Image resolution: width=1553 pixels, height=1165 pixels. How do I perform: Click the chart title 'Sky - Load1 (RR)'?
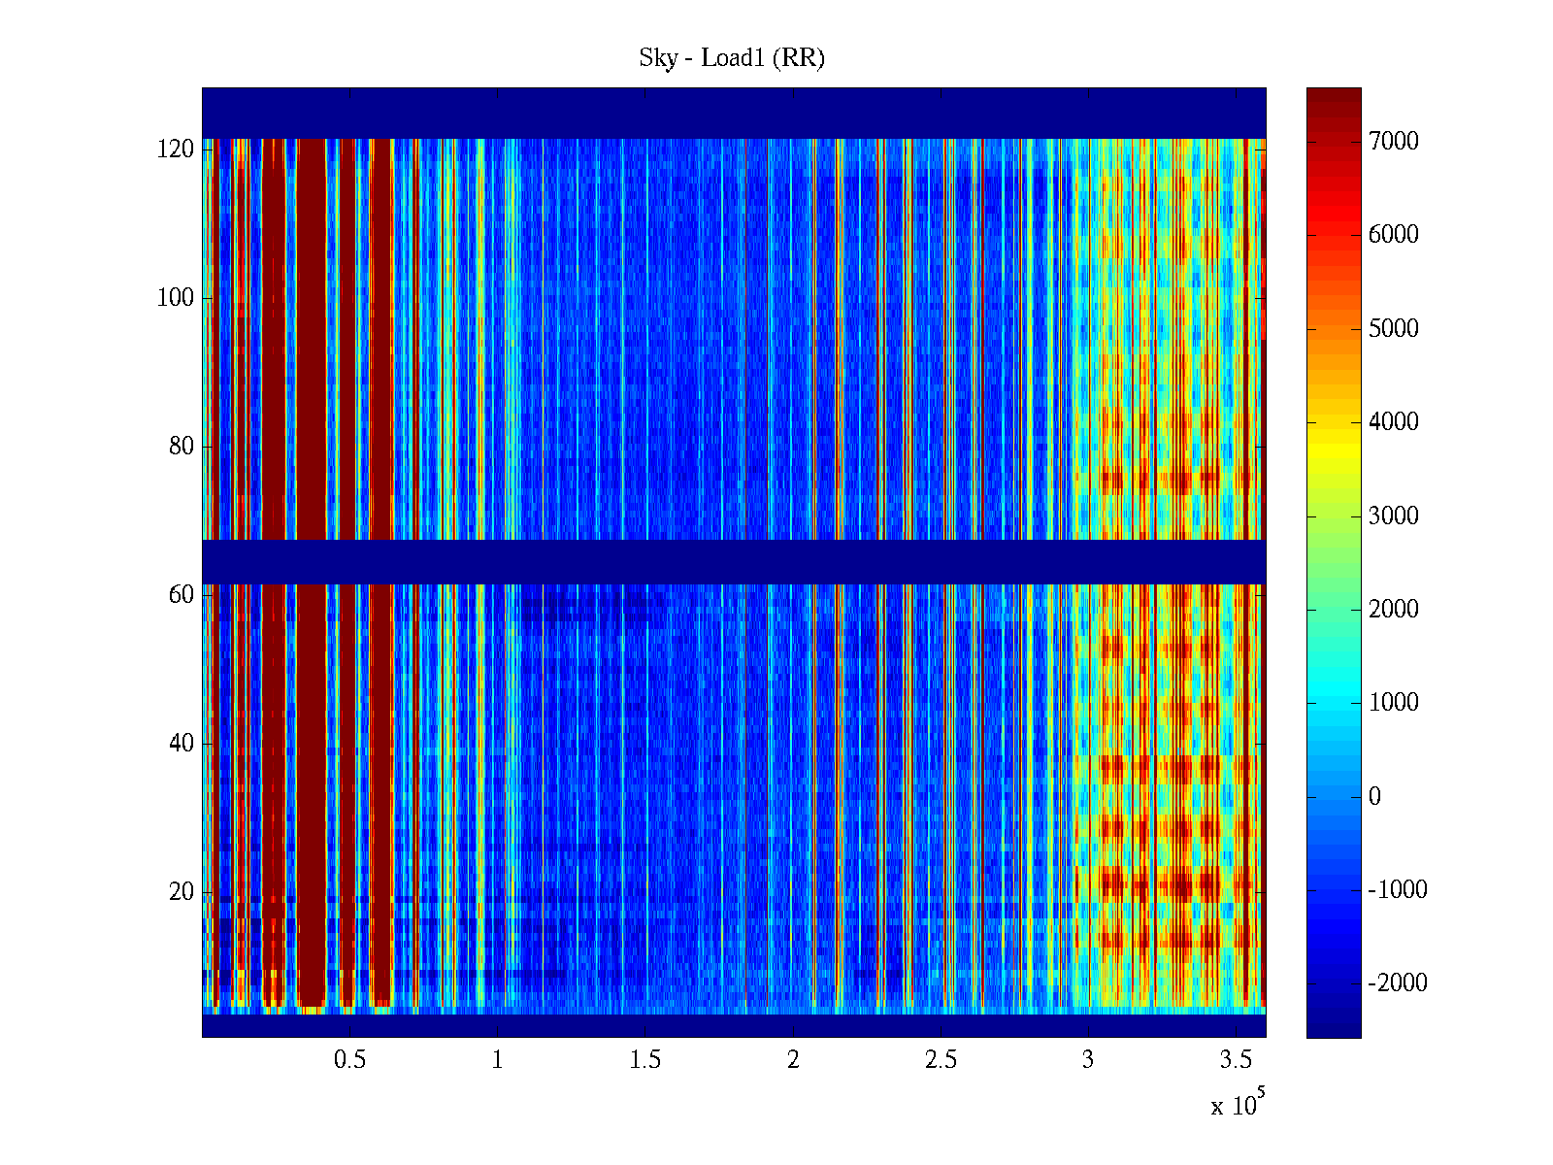[x=732, y=58]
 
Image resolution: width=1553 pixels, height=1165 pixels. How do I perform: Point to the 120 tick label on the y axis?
[x=175, y=150]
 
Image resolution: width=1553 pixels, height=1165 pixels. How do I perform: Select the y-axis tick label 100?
[x=175, y=298]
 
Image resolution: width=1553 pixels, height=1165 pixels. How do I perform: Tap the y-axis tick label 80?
[x=181, y=447]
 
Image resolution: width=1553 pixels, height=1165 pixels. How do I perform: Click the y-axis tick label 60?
[x=181, y=594]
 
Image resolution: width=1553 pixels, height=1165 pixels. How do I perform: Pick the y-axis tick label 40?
[x=181, y=744]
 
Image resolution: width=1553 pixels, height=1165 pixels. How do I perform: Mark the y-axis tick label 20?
[x=181, y=892]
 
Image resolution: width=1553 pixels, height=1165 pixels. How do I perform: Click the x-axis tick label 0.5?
[x=349, y=1060]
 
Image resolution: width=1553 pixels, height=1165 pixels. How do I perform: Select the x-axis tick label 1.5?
[x=644, y=1060]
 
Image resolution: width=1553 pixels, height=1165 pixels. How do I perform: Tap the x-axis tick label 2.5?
[x=941, y=1060]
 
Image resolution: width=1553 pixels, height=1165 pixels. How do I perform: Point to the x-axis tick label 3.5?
[x=1236, y=1060]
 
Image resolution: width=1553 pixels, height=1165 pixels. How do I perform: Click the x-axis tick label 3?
[x=1088, y=1060]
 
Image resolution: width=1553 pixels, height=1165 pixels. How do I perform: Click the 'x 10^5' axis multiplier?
[x=1238, y=1104]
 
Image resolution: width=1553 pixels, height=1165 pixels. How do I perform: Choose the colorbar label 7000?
[x=1393, y=142]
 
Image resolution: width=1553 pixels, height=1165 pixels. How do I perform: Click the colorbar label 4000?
[x=1393, y=422]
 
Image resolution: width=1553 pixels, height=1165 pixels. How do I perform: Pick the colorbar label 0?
[x=1374, y=797]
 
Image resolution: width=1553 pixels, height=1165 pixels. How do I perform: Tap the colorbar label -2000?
[x=1398, y=983]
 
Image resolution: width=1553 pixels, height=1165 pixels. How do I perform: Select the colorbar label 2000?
[x=1393, y=610]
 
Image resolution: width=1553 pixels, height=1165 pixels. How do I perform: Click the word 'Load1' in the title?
[x=733, y=58]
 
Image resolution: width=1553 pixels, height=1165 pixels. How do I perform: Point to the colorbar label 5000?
[x=1393, y=329]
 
